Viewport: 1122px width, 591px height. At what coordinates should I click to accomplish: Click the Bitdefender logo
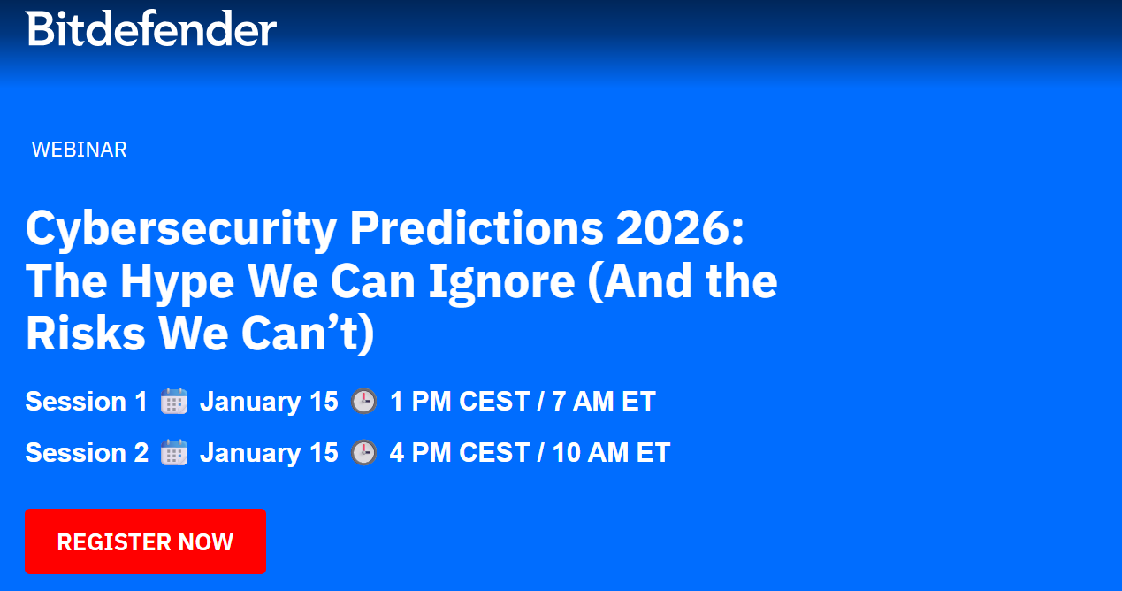(151, 28)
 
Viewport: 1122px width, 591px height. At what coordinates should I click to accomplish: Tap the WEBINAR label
(80, 150)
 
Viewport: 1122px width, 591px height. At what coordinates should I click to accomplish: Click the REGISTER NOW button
(145, 541)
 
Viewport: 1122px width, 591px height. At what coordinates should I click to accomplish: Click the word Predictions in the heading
(477, 228)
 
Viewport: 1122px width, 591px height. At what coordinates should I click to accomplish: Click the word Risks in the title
(86, 334)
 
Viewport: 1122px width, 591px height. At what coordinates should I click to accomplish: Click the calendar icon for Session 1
(174, 401)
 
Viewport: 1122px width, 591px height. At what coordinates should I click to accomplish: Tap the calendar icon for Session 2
(174, 452)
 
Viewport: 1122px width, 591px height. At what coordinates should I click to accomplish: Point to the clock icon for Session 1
(363, 401)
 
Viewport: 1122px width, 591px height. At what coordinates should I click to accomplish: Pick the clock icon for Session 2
(363, 452)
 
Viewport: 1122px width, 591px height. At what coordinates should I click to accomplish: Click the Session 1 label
(86, 402)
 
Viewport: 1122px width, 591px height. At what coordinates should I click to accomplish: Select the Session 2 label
(88, 453)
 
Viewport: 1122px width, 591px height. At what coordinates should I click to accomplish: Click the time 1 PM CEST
(459, 402)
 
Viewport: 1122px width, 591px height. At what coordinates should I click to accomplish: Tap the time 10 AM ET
(611, 453)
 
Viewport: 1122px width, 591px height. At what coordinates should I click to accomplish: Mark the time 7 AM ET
(604, 402)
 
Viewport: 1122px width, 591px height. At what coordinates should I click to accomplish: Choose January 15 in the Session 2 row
(269, 453)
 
